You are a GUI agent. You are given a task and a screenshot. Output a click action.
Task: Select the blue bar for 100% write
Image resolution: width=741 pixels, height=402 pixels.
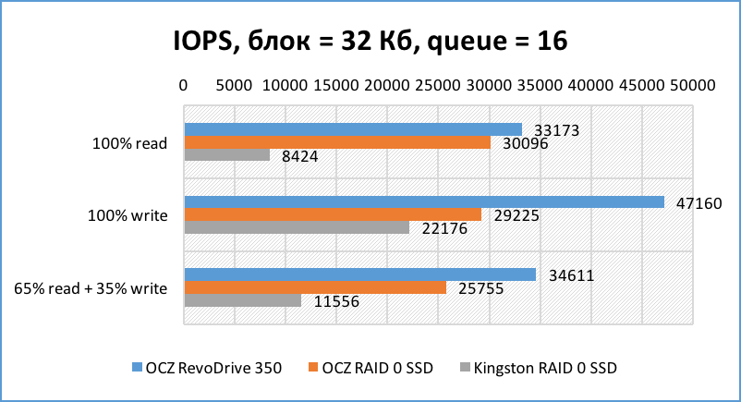(424, 201)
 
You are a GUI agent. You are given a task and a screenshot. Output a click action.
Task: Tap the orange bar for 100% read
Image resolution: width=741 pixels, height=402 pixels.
(337, 142)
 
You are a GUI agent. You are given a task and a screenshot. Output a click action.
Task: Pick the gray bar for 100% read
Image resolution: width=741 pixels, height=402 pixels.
(227, 155)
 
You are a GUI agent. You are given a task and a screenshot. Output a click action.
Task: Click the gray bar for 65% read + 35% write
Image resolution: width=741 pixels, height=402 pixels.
(243, 300)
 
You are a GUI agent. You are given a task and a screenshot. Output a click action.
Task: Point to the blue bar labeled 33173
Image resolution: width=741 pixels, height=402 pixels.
(353, 129)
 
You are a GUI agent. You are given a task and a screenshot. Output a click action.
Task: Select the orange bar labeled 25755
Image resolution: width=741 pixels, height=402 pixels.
(315, 287)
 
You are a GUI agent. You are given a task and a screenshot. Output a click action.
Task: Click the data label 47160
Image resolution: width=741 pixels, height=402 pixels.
(694, 201)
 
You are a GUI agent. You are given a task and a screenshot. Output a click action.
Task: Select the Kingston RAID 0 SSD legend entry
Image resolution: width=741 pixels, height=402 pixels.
(538, 368)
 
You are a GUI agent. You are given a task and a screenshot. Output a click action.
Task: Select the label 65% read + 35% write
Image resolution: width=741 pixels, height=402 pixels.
(91, 288)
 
